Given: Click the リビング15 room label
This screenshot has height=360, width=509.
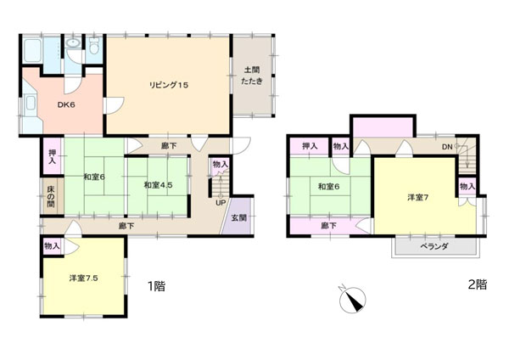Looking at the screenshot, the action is tap(169, 86).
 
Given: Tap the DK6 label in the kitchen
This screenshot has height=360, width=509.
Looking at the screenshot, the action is tap(66, 105).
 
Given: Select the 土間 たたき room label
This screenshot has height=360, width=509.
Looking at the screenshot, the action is tap(252, 76).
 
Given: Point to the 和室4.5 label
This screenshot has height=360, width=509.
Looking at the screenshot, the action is tap(158, 185).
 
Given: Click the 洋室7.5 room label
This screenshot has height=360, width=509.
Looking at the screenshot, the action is tap(83, 278).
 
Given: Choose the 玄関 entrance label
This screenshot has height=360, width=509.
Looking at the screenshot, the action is tap(239, 217).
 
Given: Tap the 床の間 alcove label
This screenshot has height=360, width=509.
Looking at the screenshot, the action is tap(51, 197).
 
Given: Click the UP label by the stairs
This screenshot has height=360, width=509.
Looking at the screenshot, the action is tap(221, 203).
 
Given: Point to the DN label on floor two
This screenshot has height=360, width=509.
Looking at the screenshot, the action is tap(447, 147).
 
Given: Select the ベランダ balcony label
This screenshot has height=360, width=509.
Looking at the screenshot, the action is tap(434, 246).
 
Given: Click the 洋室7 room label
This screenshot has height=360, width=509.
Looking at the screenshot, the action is tap(417, 197).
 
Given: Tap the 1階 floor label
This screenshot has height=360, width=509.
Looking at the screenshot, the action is tap(157, 286).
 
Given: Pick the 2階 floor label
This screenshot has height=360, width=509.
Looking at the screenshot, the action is tap(478, 284).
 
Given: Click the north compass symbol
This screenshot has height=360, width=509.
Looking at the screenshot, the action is tap(352, 299).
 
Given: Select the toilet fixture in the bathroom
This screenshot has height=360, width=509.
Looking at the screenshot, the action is tap(94, 47).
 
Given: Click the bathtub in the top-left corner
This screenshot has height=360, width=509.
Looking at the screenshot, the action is tap(32, 51).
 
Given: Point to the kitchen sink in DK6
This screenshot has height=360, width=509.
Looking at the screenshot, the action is tap(31, 104).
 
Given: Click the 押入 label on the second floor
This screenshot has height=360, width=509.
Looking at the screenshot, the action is tap(310, 147).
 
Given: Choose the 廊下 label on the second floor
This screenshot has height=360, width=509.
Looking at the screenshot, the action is tap(328, 226).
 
